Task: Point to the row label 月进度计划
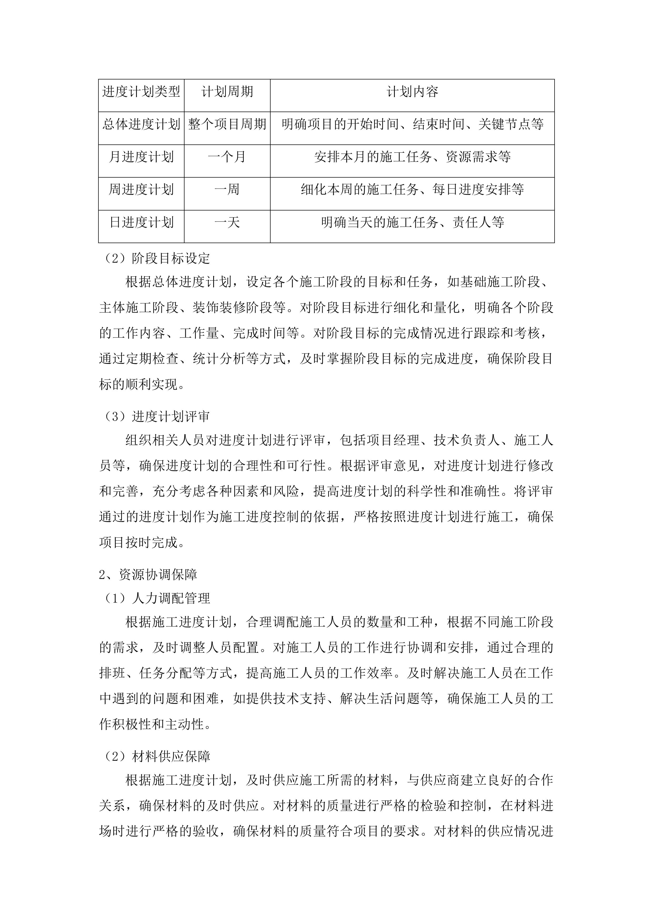pyautogui.click(x=141, y=157)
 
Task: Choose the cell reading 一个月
pyautogui.click(x=227, y=157)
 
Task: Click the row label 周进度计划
pyautogui.click(x=141, y=189)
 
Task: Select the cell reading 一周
pyautogui.click(x=227, y=189)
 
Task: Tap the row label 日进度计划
pyautogui.click(x=141, y=222)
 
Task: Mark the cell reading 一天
pyautogui.click(x=227, y=222)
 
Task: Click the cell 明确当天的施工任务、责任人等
pyautogui.click(x=412, y=222)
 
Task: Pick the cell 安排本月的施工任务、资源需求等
pyautogui.click(x=412, y=157)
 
